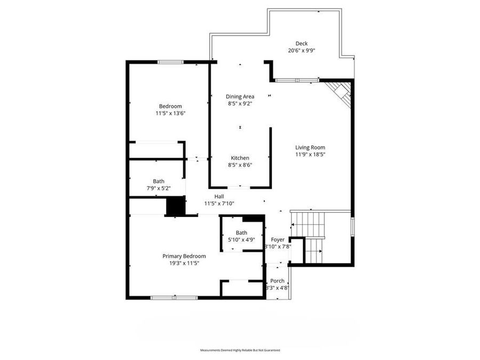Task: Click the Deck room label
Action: pos(302,44)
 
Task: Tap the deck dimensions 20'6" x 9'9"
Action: pos(302,51)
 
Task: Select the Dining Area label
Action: pos(240,97)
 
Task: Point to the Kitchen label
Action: pos(240,158)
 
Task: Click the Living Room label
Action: pos(310,148)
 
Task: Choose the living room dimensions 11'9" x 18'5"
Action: pos(310,155)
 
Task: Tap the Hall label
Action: pos(219,196)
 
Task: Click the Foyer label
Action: pos(278,240)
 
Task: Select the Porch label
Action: pos(277,281)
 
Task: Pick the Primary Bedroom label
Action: pos(184,256)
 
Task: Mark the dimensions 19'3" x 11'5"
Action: pos(184,263)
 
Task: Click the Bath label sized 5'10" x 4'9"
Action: pos(242,233)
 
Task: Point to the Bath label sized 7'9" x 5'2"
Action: pos(158,181)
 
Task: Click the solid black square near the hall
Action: pos(174,206)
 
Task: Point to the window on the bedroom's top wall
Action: pos(171,62)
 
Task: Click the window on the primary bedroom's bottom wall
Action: pos(166,297)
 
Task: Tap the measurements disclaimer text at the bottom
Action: pos(240,350)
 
